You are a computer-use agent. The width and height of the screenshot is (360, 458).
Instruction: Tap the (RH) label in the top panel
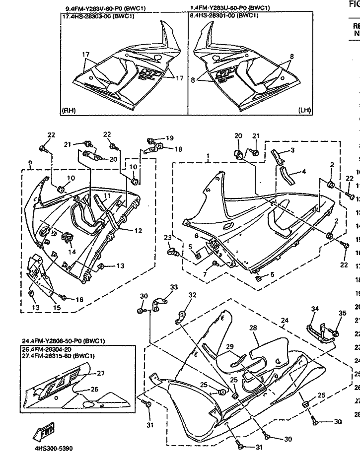68,110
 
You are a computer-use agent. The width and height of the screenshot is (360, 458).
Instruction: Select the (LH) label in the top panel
304,110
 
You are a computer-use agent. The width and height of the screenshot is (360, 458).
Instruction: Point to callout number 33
173,287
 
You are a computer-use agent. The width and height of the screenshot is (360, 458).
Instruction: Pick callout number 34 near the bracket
314,323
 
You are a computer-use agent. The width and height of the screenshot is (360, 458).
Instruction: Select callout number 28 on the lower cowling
252,342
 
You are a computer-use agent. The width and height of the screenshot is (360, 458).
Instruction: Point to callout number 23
167,238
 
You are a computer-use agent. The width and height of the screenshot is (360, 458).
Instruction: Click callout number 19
169,138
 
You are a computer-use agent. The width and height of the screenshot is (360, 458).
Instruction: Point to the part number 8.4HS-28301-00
224,15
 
